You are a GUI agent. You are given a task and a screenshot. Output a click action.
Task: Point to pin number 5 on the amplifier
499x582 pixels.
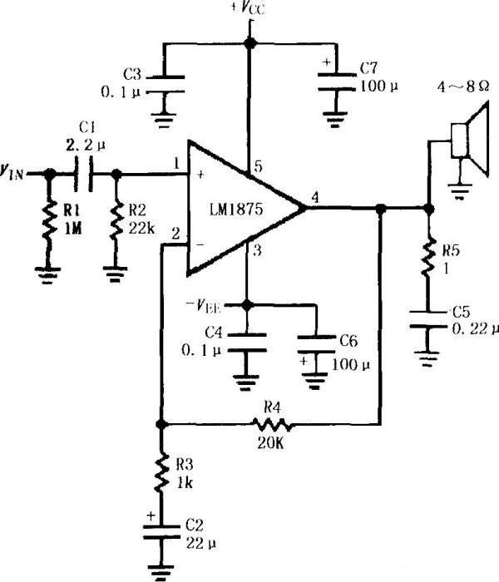(x=258, y=167)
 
